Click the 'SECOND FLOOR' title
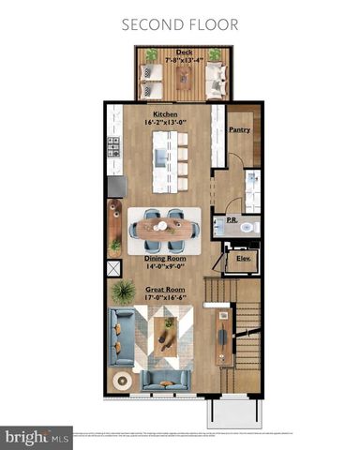[x=180, y=22]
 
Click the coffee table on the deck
[x=184, y=79]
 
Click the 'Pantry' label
[x=239, y=130]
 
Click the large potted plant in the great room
[x=123, y=292]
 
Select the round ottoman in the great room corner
[x=121, y=381]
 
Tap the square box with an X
[x=114, y=269]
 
